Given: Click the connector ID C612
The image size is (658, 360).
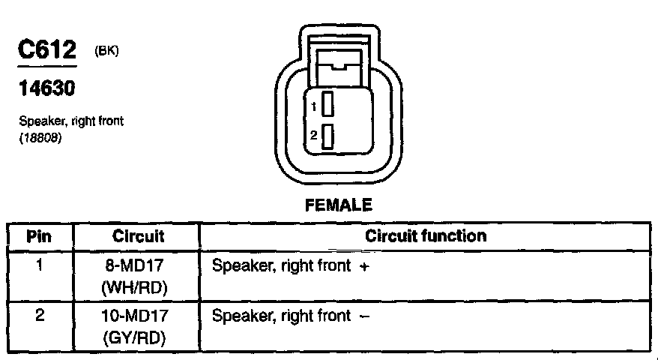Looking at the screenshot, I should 47,51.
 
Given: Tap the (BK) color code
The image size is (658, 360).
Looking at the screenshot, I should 107,51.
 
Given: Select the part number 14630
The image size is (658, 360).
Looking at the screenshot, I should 46,89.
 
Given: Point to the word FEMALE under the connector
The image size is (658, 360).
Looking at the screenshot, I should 339,205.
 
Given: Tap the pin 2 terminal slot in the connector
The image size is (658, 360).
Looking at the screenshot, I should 328,136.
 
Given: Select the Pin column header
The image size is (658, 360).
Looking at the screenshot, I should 39,237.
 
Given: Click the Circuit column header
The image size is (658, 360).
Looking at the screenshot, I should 138,237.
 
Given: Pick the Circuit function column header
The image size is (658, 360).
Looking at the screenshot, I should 426,236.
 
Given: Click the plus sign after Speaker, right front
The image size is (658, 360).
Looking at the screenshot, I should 363,266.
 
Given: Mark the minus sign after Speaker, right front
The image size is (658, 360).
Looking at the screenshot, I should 364,316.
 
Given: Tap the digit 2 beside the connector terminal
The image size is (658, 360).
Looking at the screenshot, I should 316,136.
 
